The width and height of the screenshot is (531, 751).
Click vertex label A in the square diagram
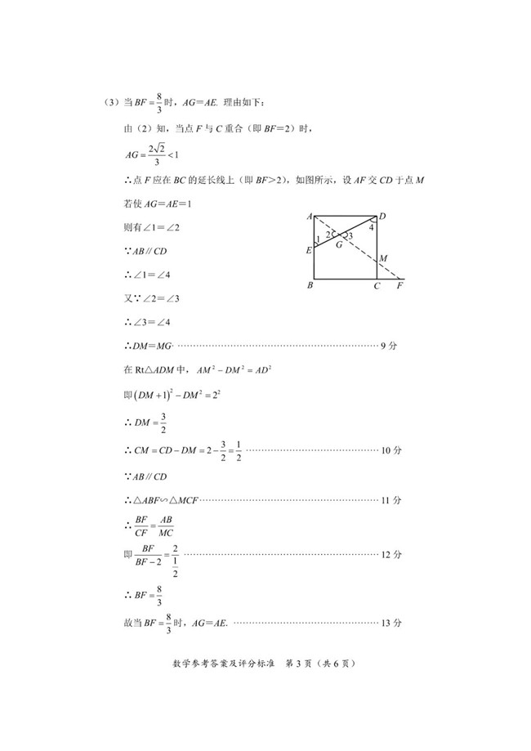[x=310, y=216]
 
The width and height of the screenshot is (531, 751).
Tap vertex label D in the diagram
[x=382, y=217]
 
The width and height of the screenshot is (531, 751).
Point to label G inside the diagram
[x=339, y=244]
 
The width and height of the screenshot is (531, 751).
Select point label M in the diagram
[x=382, y=259]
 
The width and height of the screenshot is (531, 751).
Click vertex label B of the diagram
[x=310, y=286]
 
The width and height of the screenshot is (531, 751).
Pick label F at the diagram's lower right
[x=399, y=286]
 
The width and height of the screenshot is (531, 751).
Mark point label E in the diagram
[x=309, y=250]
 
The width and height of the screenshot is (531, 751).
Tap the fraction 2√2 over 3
[x=158, y=153]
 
